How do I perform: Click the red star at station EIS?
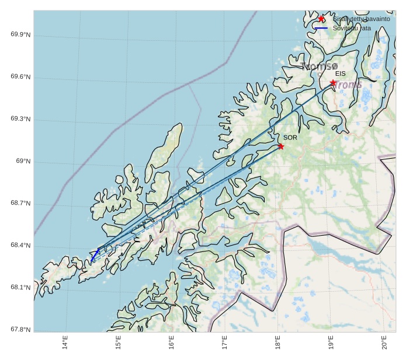pos(333,83)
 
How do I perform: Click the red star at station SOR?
pos(281,146)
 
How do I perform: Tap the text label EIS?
pos(340,74)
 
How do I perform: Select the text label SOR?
pos(290,138)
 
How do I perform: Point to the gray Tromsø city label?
pos(320,67)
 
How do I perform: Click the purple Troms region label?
pos(349,85)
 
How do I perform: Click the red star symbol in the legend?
pos(321,19)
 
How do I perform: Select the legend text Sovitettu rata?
pos(352,28)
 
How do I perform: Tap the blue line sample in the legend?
pos(321,28)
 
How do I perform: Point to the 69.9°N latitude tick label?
pos(20,34)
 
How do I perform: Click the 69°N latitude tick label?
pos(23,161)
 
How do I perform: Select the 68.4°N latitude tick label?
pos(20,246)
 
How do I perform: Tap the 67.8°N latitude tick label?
pos(20,330)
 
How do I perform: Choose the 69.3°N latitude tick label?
pos(20,119)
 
